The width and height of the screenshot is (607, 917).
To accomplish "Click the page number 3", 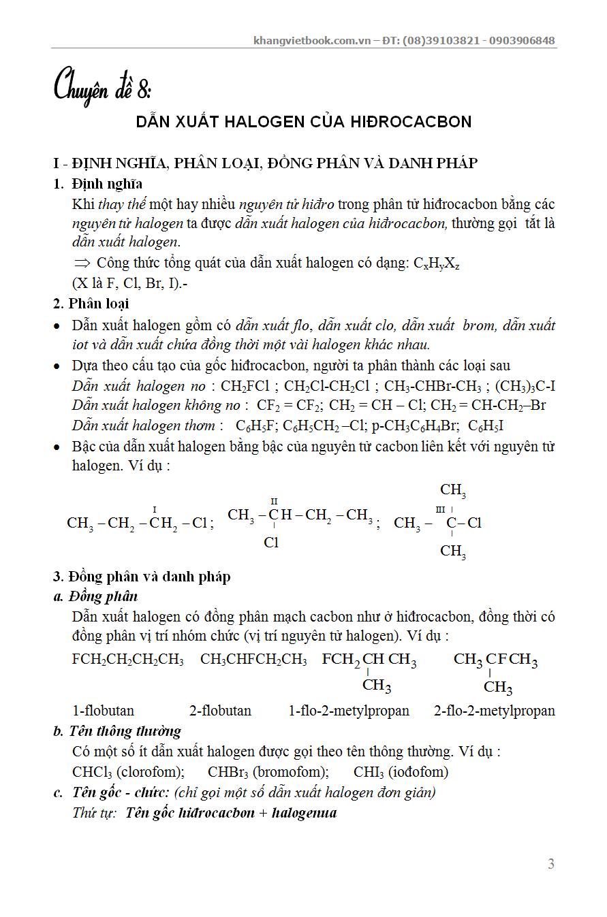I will tap(550, 865).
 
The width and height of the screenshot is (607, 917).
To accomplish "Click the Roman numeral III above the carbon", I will tap(440, 509).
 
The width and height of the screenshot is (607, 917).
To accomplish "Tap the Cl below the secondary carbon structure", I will tap(271, 543).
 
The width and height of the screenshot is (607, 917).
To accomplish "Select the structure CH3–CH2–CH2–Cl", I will tap(137, 523).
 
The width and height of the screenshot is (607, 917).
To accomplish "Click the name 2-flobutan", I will tap(219, 711).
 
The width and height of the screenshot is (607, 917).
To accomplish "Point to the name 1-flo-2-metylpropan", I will tap(349, 711).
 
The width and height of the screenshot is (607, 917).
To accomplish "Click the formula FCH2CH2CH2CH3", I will tap(127, 660).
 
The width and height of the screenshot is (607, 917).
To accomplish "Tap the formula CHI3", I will tap(368, 772).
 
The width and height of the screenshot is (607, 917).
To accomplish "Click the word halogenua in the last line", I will tap(304, 813).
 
